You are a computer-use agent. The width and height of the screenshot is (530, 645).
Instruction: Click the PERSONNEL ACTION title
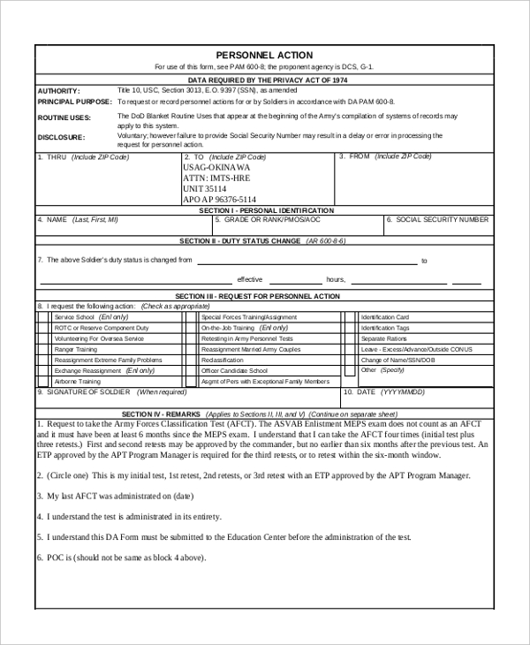coord(264,55)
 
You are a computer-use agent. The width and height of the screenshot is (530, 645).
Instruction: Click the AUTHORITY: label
coord(58,91)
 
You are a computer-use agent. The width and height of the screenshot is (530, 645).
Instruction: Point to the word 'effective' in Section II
coord(250,278)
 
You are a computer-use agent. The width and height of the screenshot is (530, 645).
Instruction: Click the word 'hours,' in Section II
coord(336,278)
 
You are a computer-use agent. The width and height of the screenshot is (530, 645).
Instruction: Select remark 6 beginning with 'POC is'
coord(121,558)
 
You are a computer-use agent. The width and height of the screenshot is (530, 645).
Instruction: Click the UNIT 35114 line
coord(205,189)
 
